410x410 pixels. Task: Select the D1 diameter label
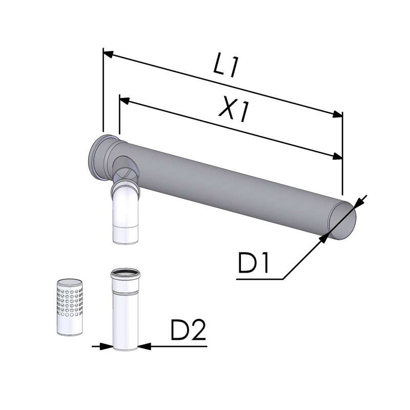[253, 262]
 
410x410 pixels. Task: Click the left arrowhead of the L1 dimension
[109, 54]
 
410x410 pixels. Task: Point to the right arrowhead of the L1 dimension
[337, 114]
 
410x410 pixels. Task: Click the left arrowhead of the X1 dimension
[125, 100]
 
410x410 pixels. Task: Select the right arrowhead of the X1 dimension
[337, 157]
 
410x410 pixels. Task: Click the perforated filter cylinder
[70, 307]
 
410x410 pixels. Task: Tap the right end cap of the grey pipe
[342, 220]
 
